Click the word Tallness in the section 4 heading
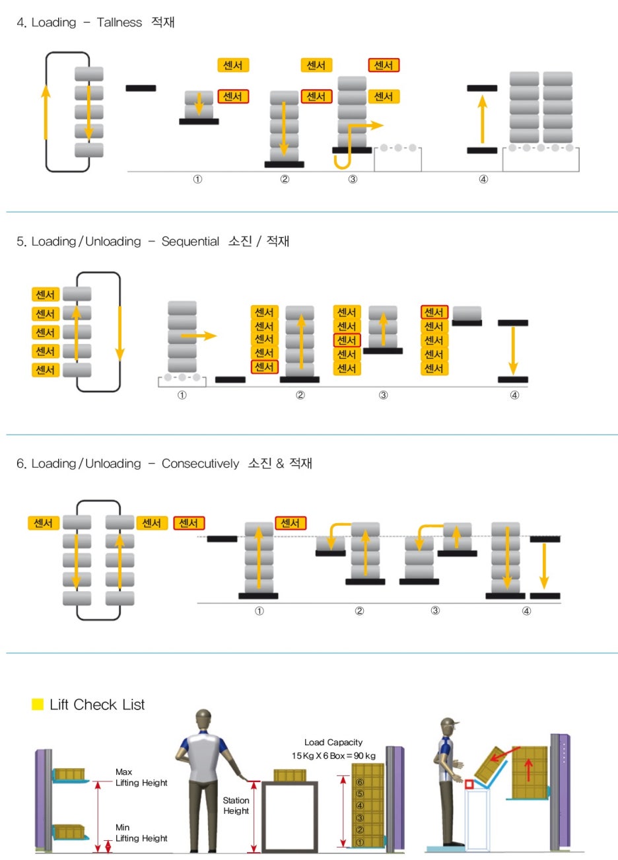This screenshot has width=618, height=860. (x=119, y=22)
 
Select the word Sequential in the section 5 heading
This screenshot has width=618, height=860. (x=190, y=242)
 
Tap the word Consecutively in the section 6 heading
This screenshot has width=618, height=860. (x=200, y=464)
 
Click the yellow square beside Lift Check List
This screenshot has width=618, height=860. (x=38, y=704)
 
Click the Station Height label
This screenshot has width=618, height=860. (x=236, y=806)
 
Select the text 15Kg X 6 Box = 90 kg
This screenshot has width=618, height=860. (x=333, y=756)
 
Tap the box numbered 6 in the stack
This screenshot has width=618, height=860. (x=360, y=782)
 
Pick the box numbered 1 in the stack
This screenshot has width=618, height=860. (x=360, y=842)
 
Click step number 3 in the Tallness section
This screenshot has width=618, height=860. (x=353, y=180)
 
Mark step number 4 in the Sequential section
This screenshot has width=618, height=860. (x=514, y=395)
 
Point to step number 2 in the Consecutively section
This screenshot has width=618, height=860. (x=359, y=611)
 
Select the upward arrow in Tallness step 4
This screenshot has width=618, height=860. (x=482, y=119)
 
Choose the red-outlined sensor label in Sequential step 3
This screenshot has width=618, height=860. (x=347, y=340)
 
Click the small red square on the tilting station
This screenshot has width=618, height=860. (x=469, y=784)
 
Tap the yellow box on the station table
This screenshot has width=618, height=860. (x=290, y=775)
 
